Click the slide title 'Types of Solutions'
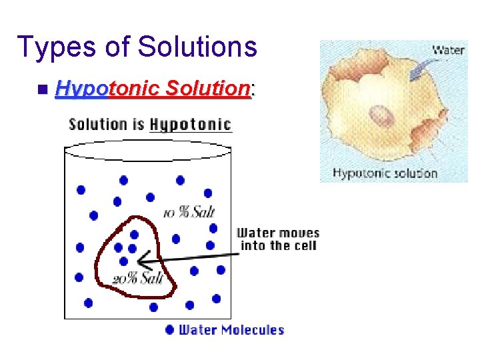(137, 47)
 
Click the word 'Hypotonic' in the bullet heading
(96, 88)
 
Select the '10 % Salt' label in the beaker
(189, 213)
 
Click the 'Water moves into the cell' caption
(279, 239)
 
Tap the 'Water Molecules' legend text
(231, 330)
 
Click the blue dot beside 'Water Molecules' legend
(169, 329)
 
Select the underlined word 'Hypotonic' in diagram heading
(191, 125)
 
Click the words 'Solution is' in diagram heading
(107, 125)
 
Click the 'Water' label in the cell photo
(447, 50)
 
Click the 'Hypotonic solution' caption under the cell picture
(385, 174)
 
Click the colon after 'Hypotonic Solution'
(252, 89)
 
